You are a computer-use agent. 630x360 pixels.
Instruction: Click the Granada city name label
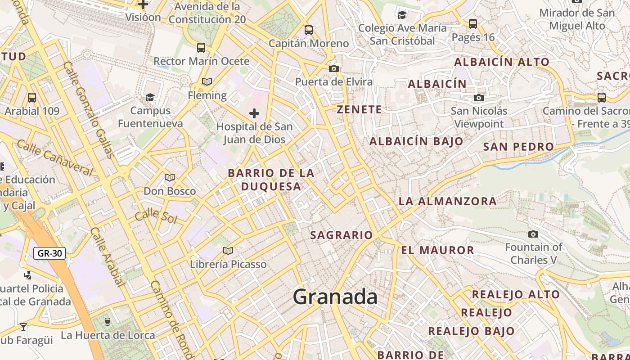[335, 297]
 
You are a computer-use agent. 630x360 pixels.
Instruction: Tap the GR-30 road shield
[49, 253]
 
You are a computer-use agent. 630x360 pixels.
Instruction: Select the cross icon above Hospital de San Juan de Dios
[254, 113]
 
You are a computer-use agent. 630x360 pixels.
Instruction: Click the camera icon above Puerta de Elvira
[333, 68]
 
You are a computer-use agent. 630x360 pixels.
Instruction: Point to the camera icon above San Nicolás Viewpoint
[479, 98]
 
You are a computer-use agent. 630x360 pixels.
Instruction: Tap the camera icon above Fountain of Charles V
[533, 234]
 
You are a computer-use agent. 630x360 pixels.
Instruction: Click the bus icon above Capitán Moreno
[309, 30]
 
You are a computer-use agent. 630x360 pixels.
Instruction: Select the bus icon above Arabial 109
[32, 97]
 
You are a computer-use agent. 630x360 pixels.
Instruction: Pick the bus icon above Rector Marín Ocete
[201, 47]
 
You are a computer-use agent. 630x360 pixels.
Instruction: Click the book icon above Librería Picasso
[228, 251]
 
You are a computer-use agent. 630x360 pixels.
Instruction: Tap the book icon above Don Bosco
[170, 178]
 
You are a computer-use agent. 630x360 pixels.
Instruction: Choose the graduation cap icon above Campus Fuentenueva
[150, 97]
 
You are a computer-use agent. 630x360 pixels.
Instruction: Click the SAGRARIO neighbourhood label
[342, 235]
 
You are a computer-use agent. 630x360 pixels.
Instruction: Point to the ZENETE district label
[359, 109]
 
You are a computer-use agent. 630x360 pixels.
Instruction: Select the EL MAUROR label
[437, 250]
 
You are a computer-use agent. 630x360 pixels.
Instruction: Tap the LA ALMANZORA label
[447, 201]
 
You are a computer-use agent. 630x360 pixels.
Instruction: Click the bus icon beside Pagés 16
[472, 23]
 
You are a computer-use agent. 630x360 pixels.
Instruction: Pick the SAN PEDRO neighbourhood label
[518, 147]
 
